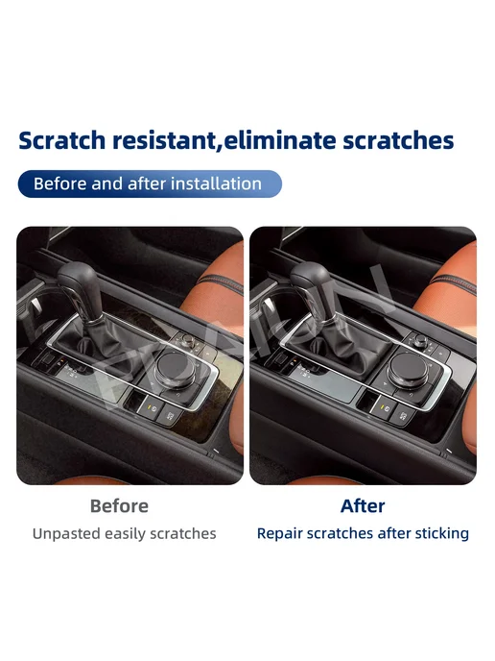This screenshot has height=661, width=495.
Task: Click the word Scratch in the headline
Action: [61, 140]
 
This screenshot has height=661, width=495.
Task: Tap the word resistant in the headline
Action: [165, 140]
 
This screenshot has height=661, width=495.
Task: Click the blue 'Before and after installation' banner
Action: [150, 184]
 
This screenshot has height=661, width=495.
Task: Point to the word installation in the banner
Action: [217, 184]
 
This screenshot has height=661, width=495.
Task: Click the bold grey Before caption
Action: [119, 506]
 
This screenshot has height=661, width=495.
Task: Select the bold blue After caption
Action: [363, 506]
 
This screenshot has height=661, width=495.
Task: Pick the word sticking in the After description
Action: [442, 533]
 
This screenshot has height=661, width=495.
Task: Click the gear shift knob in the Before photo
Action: [80, 285]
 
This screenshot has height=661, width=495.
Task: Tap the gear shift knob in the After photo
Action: [313, 285]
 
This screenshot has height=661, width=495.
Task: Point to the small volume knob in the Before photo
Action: [188, 340]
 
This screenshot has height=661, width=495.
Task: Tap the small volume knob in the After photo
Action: [420, 340]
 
